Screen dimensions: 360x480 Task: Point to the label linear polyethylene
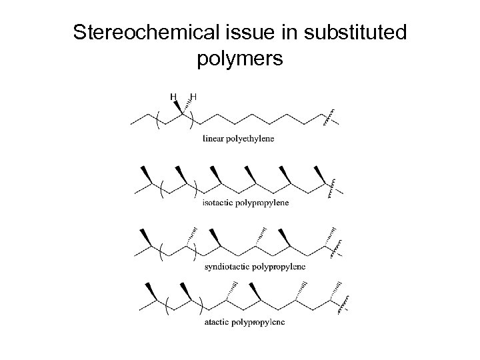click(x=238, y=139)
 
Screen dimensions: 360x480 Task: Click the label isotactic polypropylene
click(x=245, y=203)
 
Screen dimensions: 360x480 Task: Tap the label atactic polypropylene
click(x=244, y=323)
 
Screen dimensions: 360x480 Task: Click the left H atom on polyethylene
click(x=174, y=97)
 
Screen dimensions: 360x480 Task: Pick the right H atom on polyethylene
click(x=193, y=97)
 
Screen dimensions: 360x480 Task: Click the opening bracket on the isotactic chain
click(x=161, y=189)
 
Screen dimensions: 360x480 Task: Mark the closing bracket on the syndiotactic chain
click(x=194, y=253)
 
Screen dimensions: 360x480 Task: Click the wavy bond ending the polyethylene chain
click(x=329, y=117)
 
